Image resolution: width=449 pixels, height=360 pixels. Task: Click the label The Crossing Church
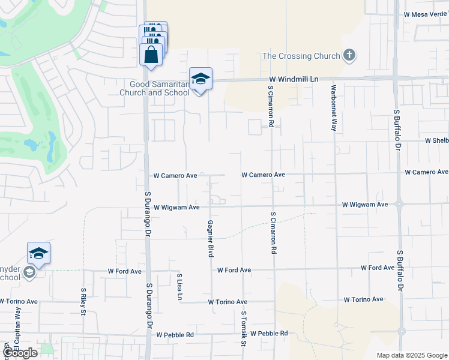tap(301, 56)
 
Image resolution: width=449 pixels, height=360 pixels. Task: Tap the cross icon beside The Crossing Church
tap(349, 56)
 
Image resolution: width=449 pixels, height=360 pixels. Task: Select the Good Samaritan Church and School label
tap(155, 88)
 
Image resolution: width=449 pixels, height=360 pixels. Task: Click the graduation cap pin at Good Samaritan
tap(200, 79)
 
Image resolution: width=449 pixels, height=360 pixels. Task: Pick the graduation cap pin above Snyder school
tap(38, 254)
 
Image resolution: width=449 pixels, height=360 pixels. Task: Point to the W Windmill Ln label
tap(293, 79)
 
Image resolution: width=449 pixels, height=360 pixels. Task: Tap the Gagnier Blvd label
tap(211, 238)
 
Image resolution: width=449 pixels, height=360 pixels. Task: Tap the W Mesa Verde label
tap(426, 14)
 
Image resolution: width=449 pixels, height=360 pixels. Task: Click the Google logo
tap(20, 353)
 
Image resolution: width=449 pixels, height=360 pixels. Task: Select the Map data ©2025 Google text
tap(412, 355)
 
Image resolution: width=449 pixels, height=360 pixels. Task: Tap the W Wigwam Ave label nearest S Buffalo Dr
tap(364, 205)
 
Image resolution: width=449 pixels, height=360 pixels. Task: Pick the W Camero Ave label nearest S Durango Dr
tap(175, 176)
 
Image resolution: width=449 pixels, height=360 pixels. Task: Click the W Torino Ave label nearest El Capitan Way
tap(19, 301)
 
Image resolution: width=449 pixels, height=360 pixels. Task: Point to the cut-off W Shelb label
tap(436, 140)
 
